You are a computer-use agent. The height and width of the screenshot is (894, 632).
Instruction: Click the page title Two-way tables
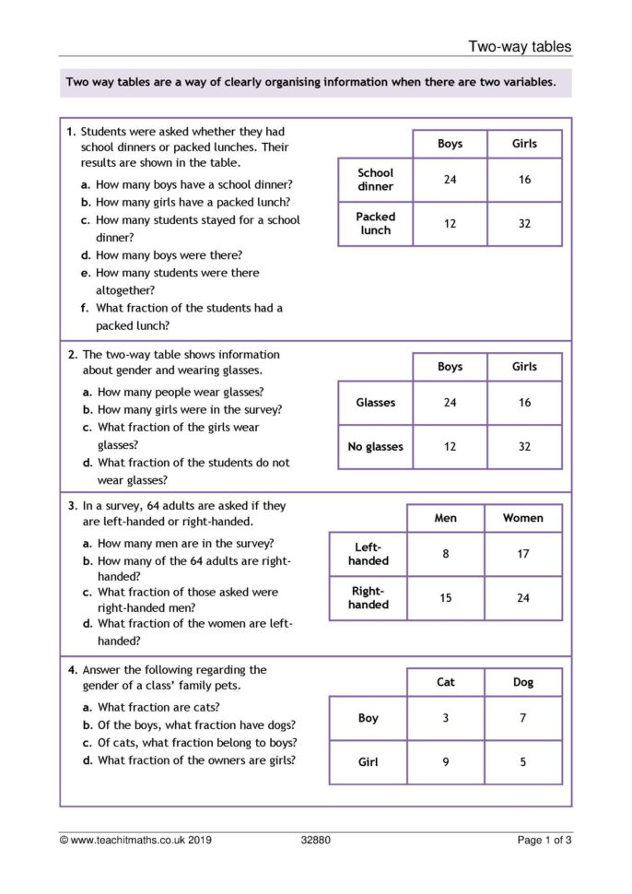[x=520, y=46]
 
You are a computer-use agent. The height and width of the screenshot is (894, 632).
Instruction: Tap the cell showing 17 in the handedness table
[x=522, y=554]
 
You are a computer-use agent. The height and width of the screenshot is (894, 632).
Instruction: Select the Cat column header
[x=445, y=683]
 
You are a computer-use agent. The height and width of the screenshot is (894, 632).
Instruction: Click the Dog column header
[x=522, y=683]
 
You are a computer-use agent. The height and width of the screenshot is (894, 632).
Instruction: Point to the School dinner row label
[x=375, y=180]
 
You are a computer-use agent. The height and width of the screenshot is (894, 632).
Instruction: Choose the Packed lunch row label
[x=375, y=224]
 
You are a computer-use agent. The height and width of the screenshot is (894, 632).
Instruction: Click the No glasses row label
[x=375, y=447]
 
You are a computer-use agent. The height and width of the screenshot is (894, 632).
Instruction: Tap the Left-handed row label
[x=369, y=554]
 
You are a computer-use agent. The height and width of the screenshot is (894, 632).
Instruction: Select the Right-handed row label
[x=369, y=598]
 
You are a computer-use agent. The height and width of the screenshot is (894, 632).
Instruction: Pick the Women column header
[x=522, y=518]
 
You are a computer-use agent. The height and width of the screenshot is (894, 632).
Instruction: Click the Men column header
[x=445, y=518]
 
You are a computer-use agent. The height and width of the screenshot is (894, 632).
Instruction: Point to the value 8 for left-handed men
[x=445, y=554]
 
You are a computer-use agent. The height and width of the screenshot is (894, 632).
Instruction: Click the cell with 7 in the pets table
[x=522, y=718]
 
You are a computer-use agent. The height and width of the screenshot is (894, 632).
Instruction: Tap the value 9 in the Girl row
[x=445, y=762]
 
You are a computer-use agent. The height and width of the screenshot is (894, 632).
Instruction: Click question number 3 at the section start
[x=71, y=506]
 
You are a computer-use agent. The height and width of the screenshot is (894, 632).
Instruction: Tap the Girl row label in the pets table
[x=368, y=762]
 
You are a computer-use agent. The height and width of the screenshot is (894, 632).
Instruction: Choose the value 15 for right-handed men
[x=445, y=598]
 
